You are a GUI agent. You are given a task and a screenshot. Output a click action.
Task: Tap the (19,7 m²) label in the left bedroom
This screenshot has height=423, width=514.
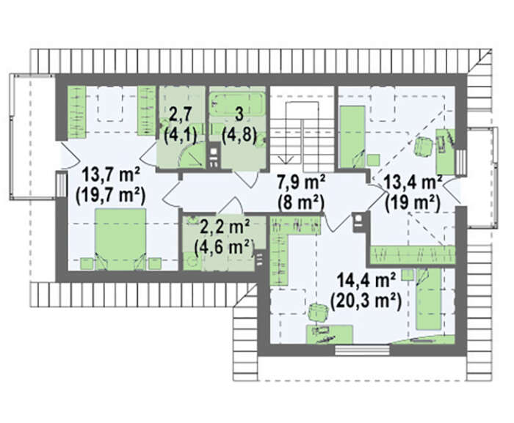(x=110, y=196)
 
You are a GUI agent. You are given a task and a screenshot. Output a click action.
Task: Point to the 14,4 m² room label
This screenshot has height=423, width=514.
(x=366, y=281)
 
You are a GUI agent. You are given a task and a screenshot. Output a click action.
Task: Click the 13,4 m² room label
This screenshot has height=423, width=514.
(x=412, y=182)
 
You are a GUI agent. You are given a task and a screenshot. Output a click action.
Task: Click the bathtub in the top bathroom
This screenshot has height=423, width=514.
(x=237, y=104)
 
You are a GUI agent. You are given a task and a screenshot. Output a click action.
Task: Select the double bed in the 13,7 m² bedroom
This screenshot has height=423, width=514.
(x=120, y=240)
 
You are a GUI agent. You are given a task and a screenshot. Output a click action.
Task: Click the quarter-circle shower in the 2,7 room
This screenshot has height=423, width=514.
(x=191, y=157)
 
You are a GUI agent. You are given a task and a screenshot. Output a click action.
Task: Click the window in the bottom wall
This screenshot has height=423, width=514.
(x=362, y=350)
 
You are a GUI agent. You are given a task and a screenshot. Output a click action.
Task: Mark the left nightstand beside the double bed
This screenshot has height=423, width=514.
(x=87, y=264)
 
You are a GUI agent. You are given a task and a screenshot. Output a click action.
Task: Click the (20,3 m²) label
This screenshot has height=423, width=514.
(x=366, y=302)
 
